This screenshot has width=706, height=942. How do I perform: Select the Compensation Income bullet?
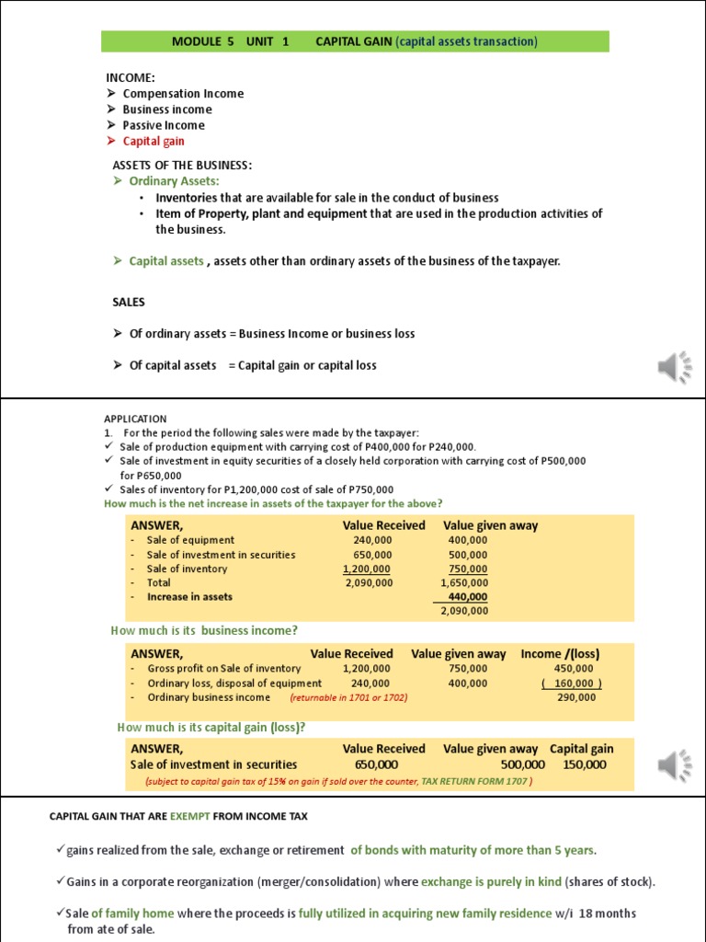(x=183, y=93)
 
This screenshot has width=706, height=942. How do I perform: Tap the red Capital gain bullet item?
(x=154, y=141)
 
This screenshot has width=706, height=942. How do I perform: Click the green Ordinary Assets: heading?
(x=174, y=181)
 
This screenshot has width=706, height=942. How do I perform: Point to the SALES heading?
(x=129, y=302)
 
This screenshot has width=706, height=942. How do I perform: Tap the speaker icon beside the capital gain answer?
(x=674, y=764)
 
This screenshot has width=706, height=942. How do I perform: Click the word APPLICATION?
(x=135, y=419)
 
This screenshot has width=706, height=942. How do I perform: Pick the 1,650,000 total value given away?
(x=464, y=582)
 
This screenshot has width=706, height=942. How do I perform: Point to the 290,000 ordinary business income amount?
(x=576, y=697)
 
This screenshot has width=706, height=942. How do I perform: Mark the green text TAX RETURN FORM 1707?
(x=475, y=781)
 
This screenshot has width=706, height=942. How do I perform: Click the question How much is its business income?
(x=204, y=630)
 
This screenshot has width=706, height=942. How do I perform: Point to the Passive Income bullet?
(x=164, y=125)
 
